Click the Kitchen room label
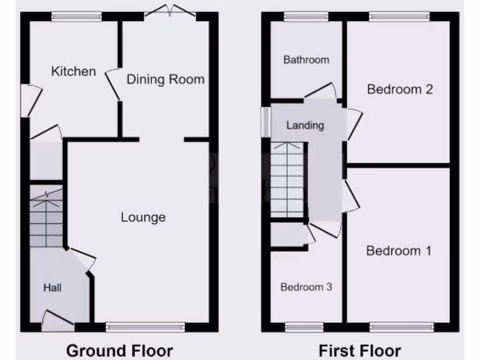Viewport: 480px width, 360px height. pyautogui.click(x=74, y=71)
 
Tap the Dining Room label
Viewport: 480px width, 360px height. pyautogui.click(x=165, y=79)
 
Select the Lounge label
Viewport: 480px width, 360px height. pyautogui.click(x=143, y=217)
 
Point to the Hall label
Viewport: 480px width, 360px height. pyautogui.click(x=52, y=287)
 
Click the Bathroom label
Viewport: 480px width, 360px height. pyautogui.click(x=306, y=60)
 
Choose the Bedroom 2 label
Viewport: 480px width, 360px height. pyautogui.click(x=399, y=89)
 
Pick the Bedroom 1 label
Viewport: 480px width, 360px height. pyautogui.click(x=398, y=251)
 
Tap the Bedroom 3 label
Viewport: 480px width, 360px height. pyautogui.click(x=306, y=287)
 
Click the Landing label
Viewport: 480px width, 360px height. pyautogui.click(x=305, y=125)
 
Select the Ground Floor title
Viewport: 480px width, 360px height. pyautogui.click(x=120, y=350)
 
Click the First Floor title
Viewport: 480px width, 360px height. pyautogui.click(x=360, y=350)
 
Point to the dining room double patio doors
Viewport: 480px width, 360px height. pyautogui.click(x=170, y=11)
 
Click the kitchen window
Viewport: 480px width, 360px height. pyautogui.click(x=76, y=16)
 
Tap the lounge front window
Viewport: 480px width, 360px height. pyautogui.click(x=145, y=327)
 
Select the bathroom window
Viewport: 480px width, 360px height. pyautogui.click(x=306, y=16)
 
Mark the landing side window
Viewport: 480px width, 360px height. pyautogui.click(x=265, y=122)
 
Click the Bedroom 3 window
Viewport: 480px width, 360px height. pyautogui.click(x=304, y=327)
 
